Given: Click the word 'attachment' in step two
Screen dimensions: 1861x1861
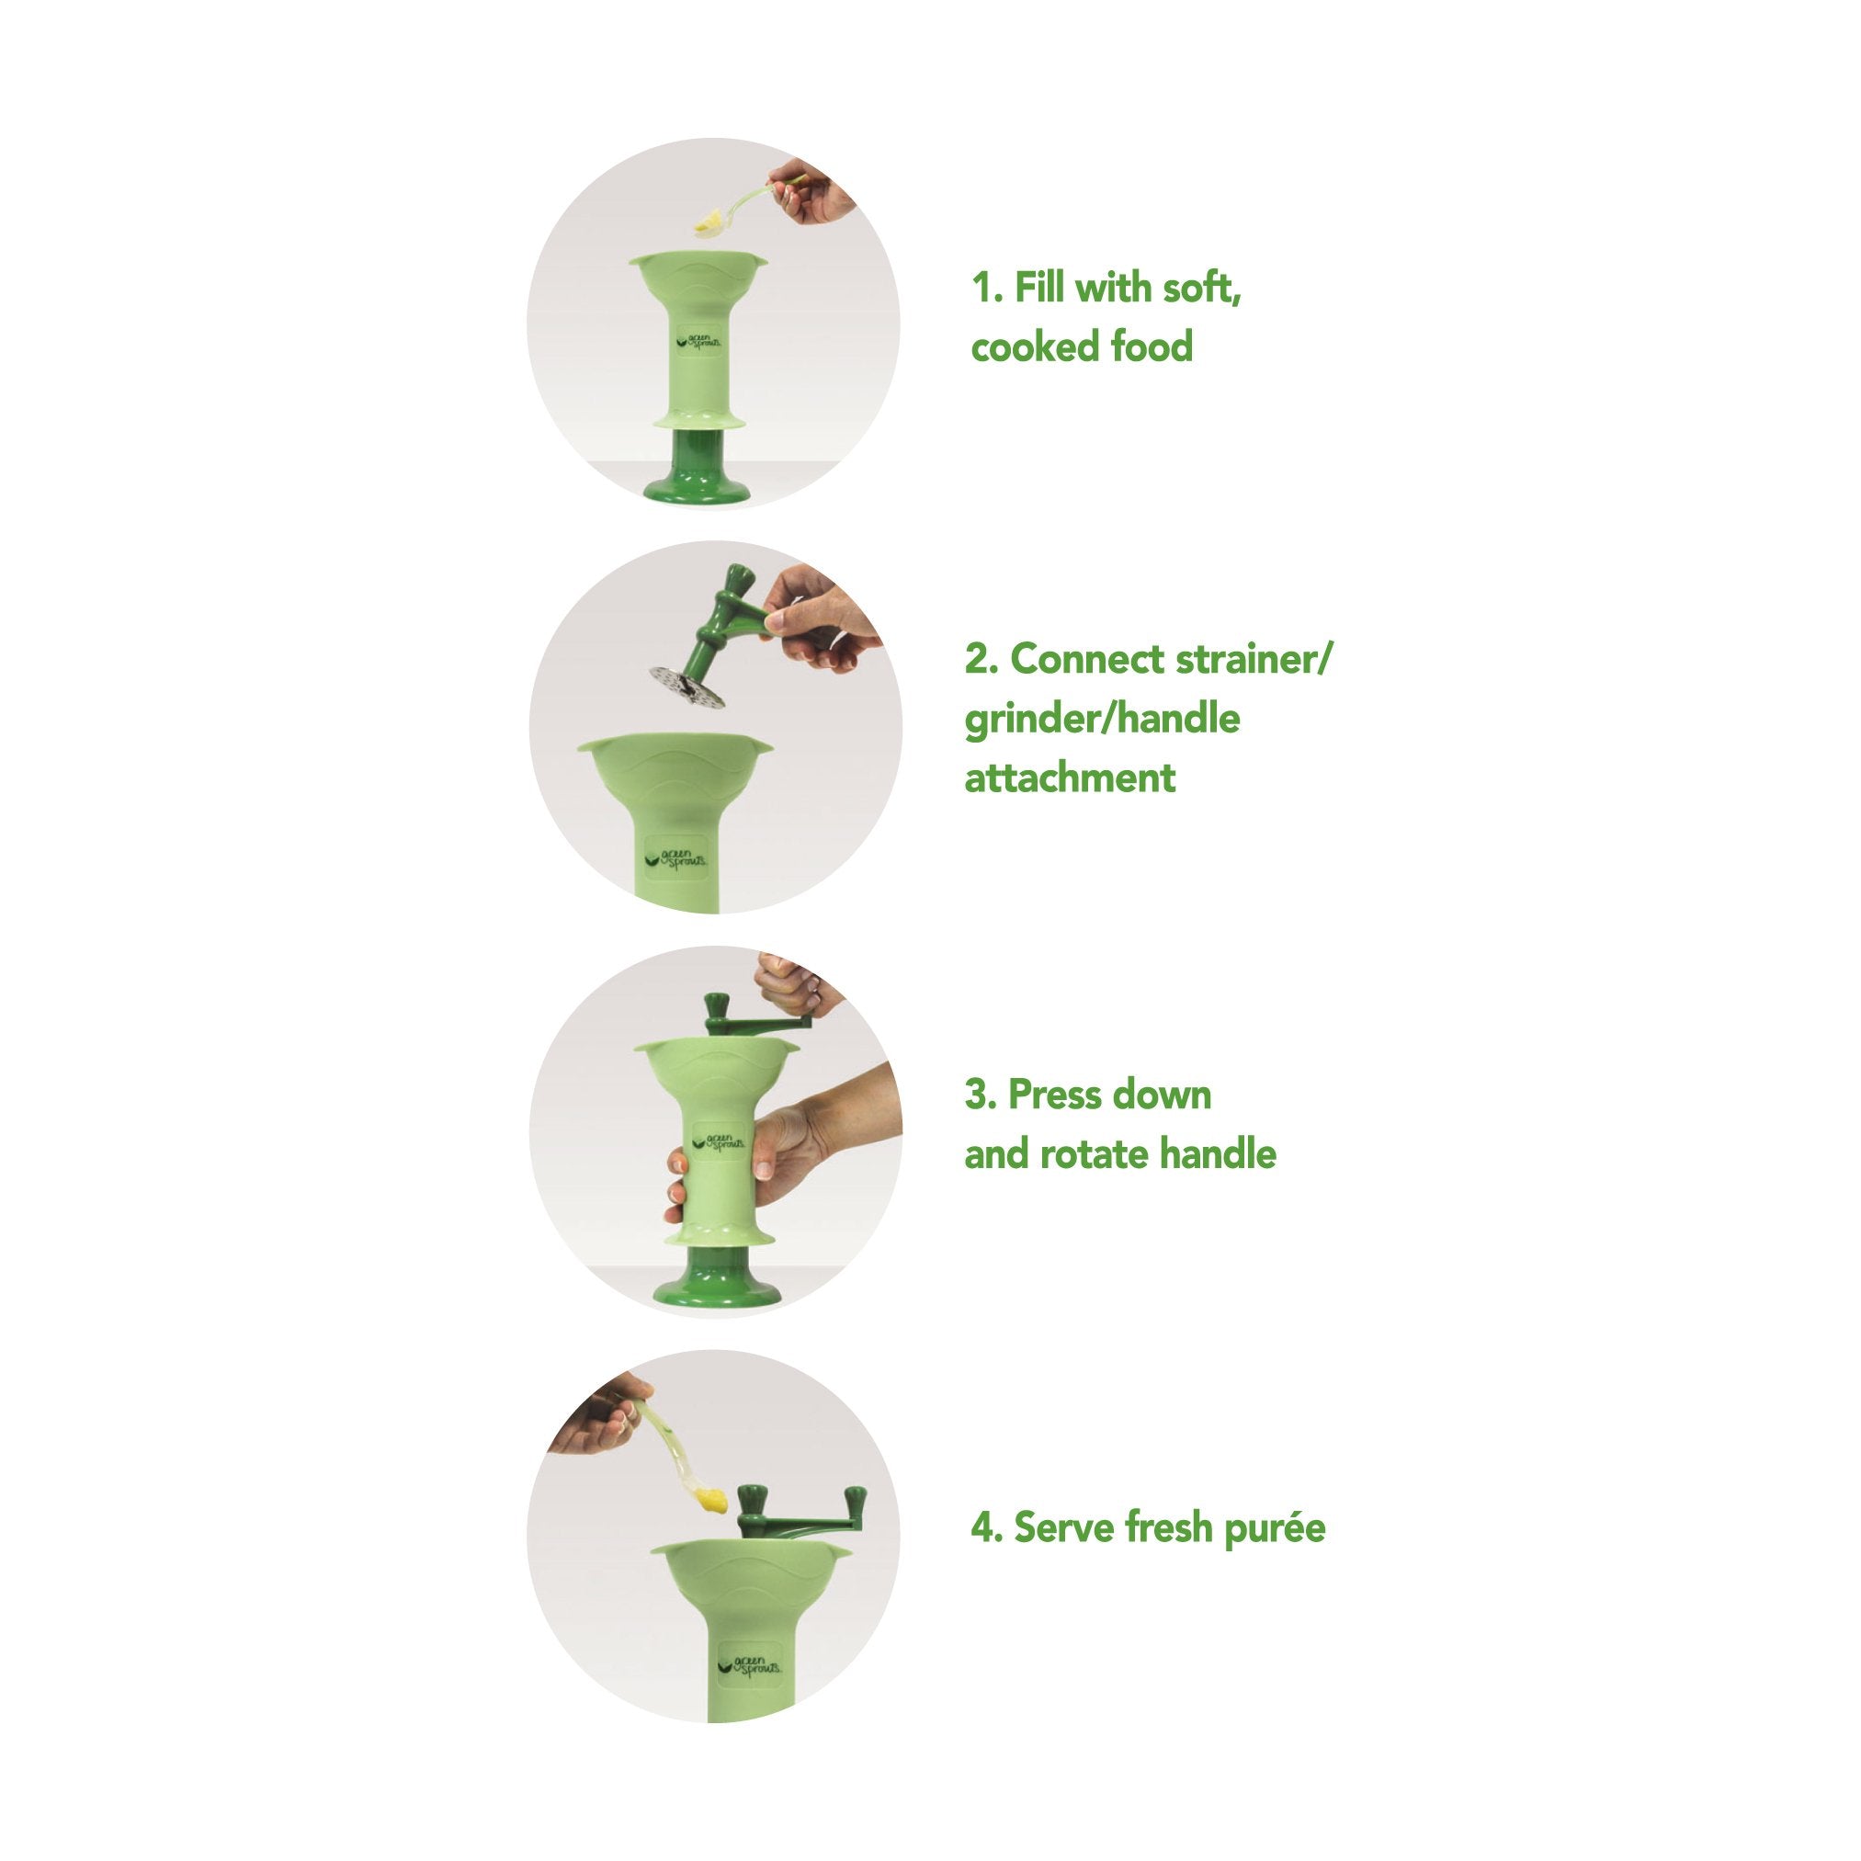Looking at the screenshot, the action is click(1070, 777).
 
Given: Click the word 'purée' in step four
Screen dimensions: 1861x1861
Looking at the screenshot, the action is click(1275, 1528).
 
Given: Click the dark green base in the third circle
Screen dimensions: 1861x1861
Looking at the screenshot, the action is click(716, 1277).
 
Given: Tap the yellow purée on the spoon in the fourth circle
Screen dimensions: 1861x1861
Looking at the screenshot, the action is click(711, 1498).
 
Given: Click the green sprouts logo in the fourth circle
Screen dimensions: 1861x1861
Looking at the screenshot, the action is click(750, 1665).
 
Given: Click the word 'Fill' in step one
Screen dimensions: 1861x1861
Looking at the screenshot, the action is click(1040, 287).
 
